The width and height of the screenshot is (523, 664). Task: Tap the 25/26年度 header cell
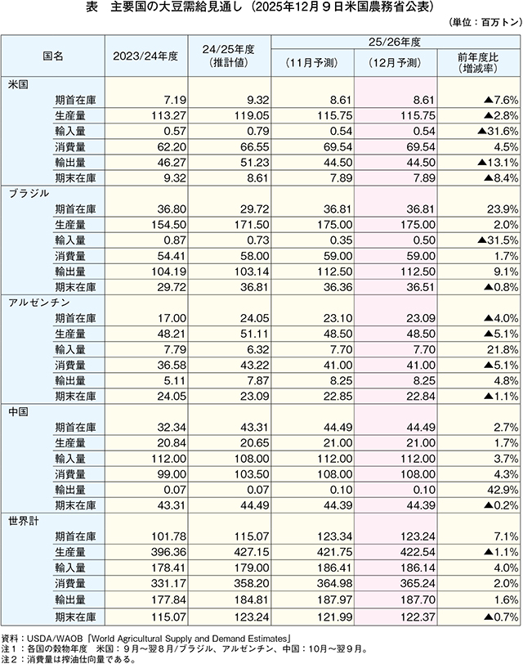(x=396, y=41)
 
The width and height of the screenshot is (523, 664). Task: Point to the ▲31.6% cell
(x=488, y=131)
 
